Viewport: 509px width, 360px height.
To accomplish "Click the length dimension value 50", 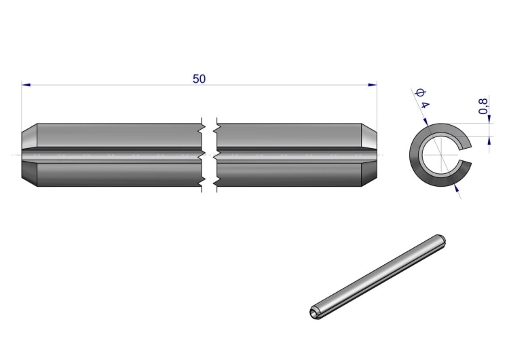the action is (x=199, y=79).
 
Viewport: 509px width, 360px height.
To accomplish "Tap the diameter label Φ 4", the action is (x=422, y=98).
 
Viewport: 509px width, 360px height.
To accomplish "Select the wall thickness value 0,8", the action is (x=483, y=106).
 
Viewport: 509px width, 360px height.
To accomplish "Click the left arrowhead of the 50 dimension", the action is (x=26, y=85).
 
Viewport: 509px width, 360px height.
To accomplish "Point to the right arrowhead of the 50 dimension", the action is (x=373, y=85).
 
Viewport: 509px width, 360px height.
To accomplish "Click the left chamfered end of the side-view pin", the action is (x=30, y=155).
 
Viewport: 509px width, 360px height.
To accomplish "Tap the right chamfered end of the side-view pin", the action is (x=369, y=155).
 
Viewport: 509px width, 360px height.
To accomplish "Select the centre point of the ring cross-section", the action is (x=441, y=155).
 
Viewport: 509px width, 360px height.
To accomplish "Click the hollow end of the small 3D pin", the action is (x=314, y=312).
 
